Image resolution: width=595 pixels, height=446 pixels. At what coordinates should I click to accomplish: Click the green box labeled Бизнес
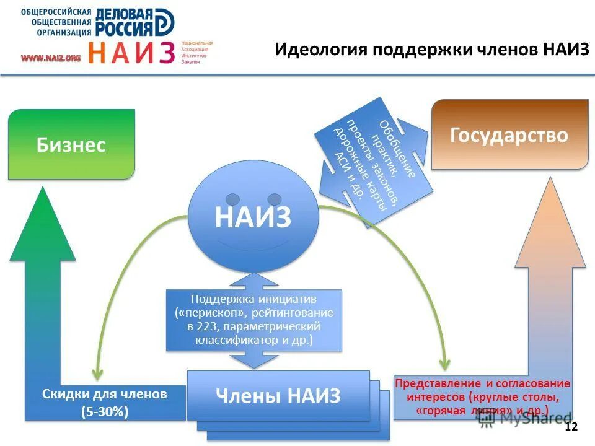[x=71, y=145]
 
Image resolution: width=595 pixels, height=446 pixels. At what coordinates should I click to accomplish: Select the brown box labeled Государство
[x=509, y=135]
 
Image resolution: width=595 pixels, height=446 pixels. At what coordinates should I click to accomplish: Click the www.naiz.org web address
[x=51, y=58]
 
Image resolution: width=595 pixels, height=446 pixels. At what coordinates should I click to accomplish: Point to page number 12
[x=571, y=427]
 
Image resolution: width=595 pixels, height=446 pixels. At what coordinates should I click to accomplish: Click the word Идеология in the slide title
[x=320, y=50]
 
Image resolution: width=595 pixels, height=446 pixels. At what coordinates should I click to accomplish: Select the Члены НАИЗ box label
[x=278, y=395]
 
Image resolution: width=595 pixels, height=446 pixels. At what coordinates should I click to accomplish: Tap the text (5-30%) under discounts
[x=105, y=411]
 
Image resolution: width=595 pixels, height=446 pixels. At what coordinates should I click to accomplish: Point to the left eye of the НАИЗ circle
[x=232, y=199]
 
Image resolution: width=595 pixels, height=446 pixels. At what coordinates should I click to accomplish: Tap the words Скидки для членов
[x=105, y=394]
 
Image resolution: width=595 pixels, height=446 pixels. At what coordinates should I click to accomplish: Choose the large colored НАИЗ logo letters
[x=131, y=53]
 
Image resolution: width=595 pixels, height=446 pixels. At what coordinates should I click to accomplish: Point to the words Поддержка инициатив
[x=254, y=300]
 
